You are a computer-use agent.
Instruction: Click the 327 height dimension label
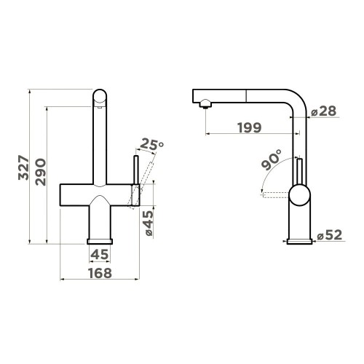coord(23,167)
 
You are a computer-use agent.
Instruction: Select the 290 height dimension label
coord(40,172)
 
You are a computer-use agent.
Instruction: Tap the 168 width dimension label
coord(100,273)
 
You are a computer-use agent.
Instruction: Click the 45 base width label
coord(100,255)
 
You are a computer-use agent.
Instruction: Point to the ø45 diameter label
coord(148,223)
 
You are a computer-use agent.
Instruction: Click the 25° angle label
coord(151,144)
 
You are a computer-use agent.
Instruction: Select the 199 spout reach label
coord(250,127)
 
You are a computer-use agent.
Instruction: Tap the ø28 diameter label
coord(323,111)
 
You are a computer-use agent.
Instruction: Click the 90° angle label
coord(272,159)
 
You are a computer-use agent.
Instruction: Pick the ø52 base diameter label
coord(329,235)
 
